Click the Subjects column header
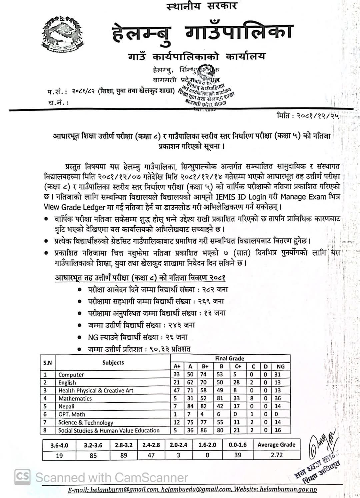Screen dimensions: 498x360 113,363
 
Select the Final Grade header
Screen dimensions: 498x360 230,358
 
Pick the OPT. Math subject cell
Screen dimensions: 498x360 72,414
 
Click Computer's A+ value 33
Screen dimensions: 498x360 177,374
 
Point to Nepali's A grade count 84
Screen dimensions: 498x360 190,406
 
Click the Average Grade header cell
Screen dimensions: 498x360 276,445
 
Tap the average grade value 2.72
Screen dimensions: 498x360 277,455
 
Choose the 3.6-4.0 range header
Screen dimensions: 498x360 59,445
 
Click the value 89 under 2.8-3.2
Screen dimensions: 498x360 123,455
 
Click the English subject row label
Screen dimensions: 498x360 67,383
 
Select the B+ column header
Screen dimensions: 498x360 205,366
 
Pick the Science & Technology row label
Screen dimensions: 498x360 86,422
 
